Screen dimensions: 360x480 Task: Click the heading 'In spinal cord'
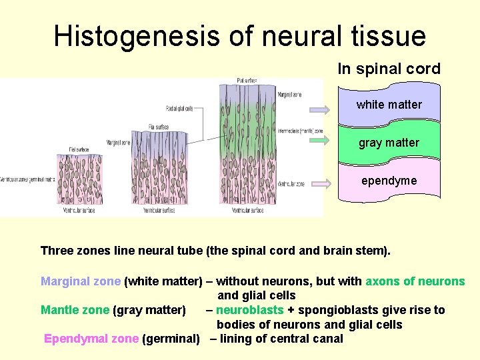click(x=389, y=69)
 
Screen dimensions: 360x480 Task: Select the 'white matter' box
click(x=389, y=105)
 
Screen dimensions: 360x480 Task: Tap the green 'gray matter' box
click(x=389, y=143)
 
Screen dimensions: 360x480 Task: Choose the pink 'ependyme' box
click(x=389, y=181)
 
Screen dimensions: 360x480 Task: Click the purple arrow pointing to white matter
click(x=319, y=110)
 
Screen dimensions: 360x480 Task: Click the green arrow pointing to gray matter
click(x=319, y=141)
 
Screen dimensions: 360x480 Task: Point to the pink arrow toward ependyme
click(x=319, y=183)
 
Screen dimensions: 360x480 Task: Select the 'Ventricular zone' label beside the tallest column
click(x=291, y=183)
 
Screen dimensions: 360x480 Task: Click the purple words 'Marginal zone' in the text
click(x=81, y=281)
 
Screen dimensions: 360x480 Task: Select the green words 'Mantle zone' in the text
click(x=75, y=310)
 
